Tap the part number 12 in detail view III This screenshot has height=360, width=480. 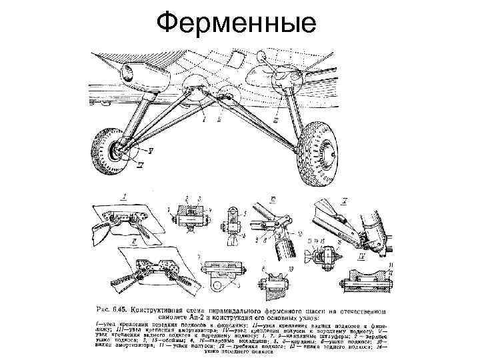click(x=299, y=235)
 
